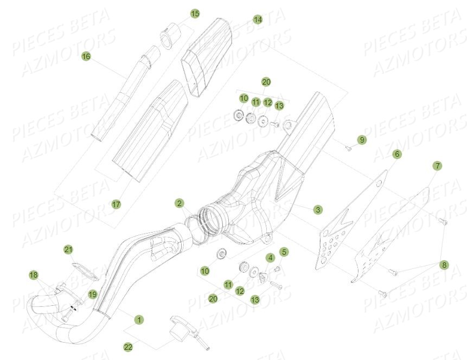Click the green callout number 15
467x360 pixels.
(x=195, y=13)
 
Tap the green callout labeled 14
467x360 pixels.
(x=258, y=20)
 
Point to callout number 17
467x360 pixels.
(x=116, y=204)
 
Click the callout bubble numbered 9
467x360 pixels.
(x=362, y=140)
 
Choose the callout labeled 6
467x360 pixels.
(x=397, y=155)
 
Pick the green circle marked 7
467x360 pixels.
(x=437, y=165)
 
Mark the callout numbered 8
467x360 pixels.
(x=445, y=265)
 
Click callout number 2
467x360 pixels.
(x=179, y=203)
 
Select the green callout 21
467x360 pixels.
(x=68, y=249)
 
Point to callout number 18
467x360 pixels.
(x=34, y=275)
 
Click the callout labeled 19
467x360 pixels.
(x=92, y=294)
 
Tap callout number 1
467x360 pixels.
(x=139, y=320)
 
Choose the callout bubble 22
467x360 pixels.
(x=128, y=346)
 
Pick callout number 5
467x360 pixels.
(x=284, y=252)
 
